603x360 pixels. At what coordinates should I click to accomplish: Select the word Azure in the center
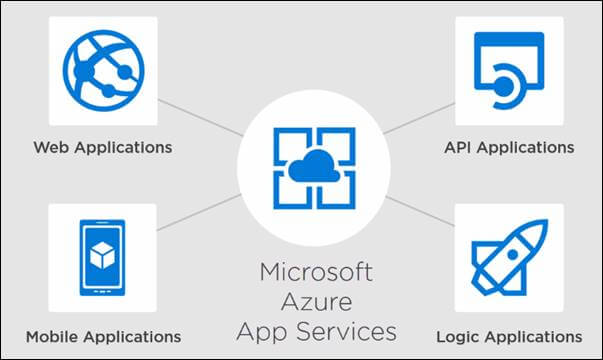click(316, 301)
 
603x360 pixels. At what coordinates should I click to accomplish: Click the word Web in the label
click(51, 147)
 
